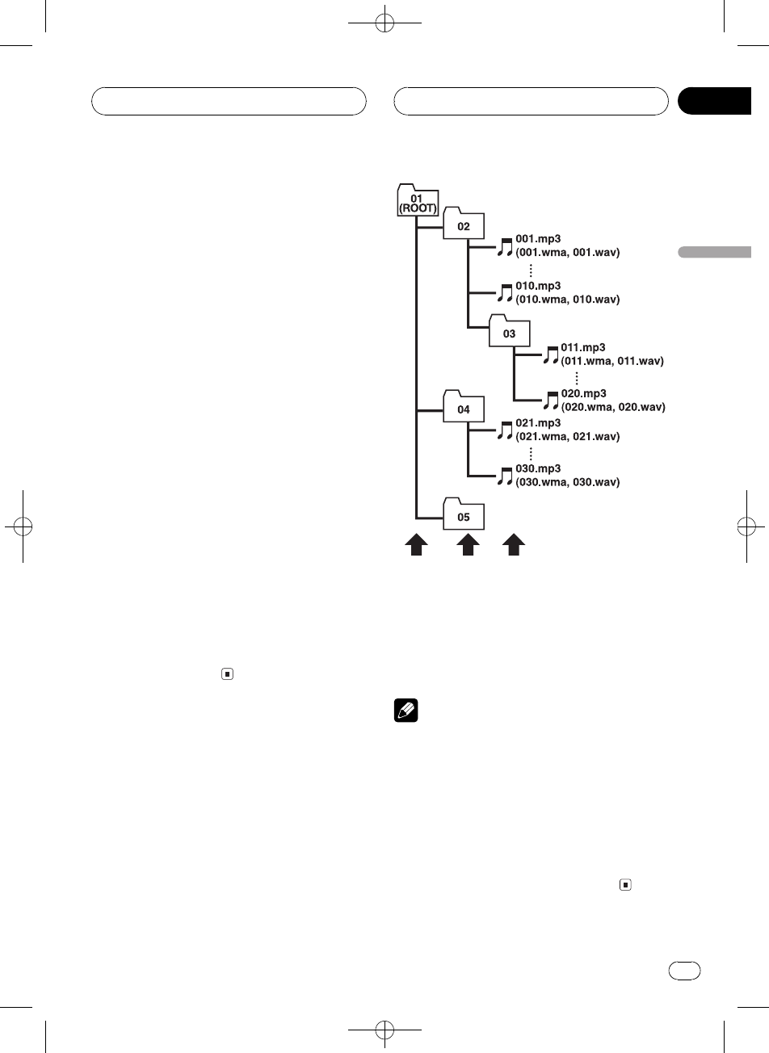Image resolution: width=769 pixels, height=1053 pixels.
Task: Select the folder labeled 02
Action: (464, 224)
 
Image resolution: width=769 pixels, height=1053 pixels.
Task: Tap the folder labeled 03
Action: (510, 331)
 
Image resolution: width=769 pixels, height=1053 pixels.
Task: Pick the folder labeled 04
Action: (464, 408)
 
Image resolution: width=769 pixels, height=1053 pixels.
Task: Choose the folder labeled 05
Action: (464, 514)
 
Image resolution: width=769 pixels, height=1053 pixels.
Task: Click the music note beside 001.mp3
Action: (505, 246)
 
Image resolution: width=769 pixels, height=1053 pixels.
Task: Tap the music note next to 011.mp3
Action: (551, 354)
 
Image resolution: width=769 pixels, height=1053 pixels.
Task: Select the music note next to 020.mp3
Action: (551, 400)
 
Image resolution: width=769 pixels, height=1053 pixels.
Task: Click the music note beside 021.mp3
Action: (505, 430)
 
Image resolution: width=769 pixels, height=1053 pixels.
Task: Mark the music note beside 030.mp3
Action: (505, 476)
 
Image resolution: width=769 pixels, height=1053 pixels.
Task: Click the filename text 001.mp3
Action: (538, 240)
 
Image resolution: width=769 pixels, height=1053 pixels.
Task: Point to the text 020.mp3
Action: (584, 393)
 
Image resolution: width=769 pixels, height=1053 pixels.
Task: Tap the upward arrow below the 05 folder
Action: (465, 546)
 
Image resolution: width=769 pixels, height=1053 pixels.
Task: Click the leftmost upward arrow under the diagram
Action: (417, 546)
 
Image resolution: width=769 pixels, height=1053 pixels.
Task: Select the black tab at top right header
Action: (714, 101)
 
